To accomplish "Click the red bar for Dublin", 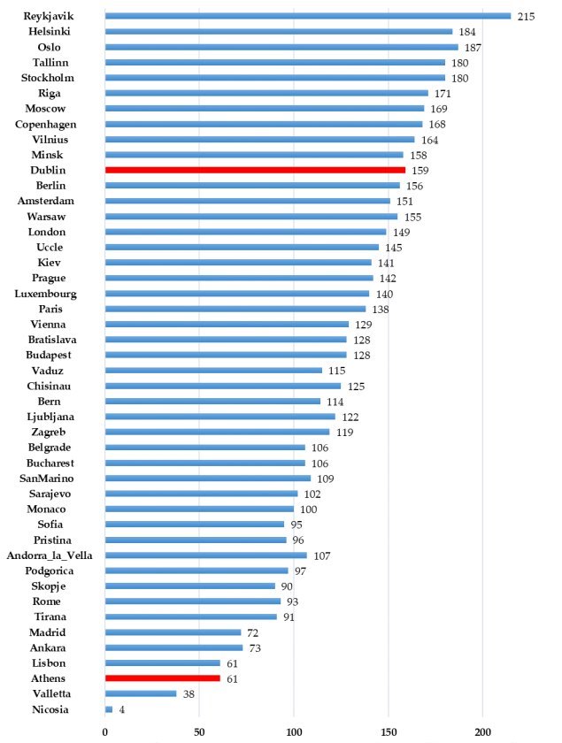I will coord(255,169).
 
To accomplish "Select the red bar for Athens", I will coord(162,678).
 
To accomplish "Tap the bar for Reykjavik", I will coord(307,15).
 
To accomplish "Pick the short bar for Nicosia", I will coord(109,709).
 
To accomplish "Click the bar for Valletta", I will coord(140,694).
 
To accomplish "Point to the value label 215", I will coord(526,16).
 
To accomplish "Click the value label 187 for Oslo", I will coord(473,48).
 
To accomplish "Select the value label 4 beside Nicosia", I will coord(120,709).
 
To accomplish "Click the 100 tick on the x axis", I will coord(293,732).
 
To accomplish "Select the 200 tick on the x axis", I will coord(482,732).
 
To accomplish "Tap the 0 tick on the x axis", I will coord(105,732).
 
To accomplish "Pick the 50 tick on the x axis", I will coord(198,732).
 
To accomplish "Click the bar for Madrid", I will coord(173,632).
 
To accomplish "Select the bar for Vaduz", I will coord(213,370).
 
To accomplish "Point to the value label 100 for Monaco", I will coord(308,509).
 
